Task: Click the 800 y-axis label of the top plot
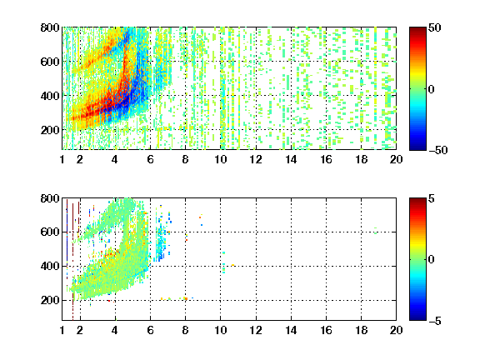[50, 27]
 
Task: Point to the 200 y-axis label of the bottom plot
[50, 300]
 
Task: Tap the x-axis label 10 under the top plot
[220, 159]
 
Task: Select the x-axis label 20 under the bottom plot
[396, 330]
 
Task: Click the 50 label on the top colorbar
[435, 27]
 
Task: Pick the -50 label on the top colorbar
[438, 150]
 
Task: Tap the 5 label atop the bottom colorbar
[432, 198]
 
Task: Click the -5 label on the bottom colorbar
[435, 321]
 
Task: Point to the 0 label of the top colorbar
[432, 89]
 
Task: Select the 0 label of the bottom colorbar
[432, 260]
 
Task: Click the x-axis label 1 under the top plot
[62, 159]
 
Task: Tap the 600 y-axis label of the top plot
[50, 62]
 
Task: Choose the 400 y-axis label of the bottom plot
[50, 266]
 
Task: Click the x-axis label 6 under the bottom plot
[150, 330]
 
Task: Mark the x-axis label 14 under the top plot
[291, 159]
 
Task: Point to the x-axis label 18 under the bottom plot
[361, 330]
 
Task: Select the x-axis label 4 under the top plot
[115, 159]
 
